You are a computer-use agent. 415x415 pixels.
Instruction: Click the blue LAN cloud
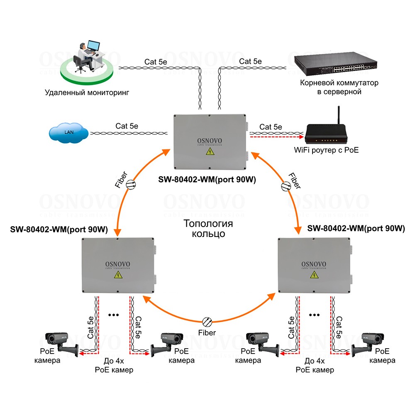(x=68, y=132)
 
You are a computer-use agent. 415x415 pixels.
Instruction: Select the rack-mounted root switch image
(x=336, y=64)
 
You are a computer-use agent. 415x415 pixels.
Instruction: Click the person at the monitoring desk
(x=83, y=54)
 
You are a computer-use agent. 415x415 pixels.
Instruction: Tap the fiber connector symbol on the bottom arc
(x=207, y=321)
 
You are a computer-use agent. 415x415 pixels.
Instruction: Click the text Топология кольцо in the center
(x=208, y=229)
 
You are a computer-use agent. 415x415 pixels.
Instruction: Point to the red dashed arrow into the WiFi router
(x=276, y=136)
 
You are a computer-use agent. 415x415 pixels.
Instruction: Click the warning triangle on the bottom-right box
(x=314, y=275)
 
